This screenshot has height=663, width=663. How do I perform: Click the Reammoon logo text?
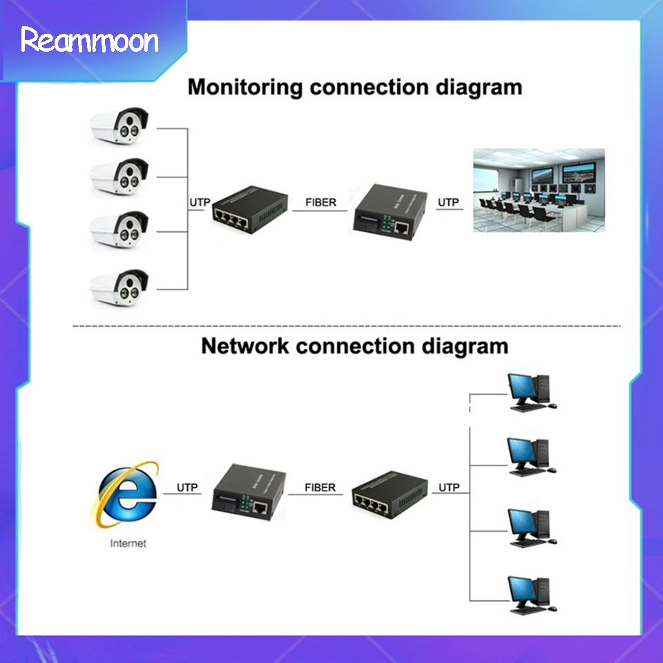coord(90,41)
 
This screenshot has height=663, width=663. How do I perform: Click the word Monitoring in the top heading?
coord(244,88)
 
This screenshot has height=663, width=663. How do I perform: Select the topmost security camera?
coord(120,126)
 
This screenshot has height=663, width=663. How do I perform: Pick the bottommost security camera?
coord(120,285)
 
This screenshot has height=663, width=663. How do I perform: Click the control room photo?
coord(538,190)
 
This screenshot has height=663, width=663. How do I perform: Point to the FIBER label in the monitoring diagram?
coord(320,202)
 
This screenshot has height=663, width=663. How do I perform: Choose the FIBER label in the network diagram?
coord(320,488)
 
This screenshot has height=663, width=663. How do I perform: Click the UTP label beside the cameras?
coord(199,202)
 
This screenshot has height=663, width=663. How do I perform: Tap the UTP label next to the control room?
coord(448,202)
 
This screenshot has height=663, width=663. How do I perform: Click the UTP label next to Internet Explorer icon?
coord(187,488)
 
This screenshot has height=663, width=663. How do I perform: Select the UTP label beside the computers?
coord(448,488)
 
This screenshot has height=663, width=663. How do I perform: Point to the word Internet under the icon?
coord(128,544)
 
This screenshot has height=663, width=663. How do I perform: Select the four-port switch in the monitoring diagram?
coord(249,206)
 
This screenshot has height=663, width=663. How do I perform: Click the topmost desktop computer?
coord(530,392)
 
